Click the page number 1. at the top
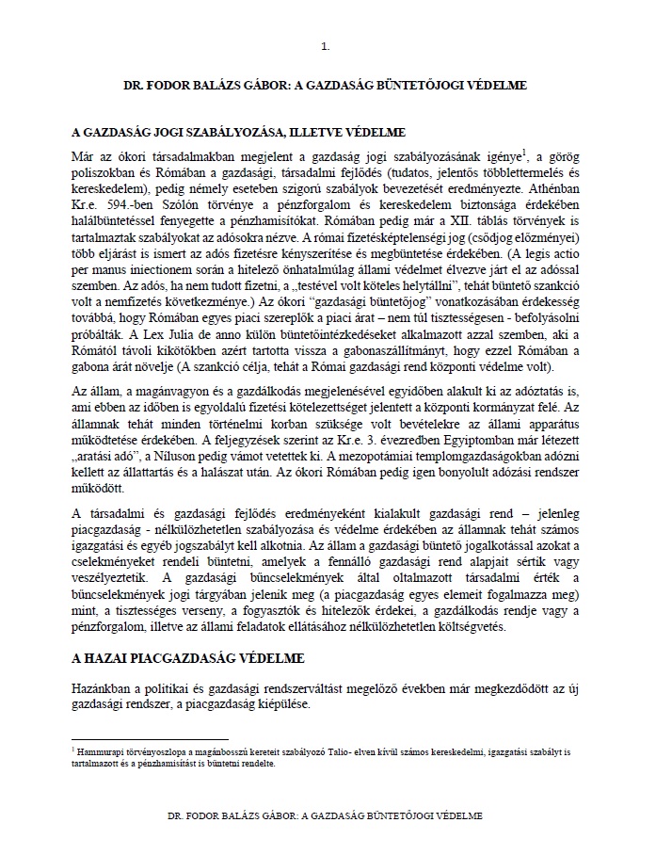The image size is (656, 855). tap(326, 44)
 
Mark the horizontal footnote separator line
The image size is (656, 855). tap(150, 738)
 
